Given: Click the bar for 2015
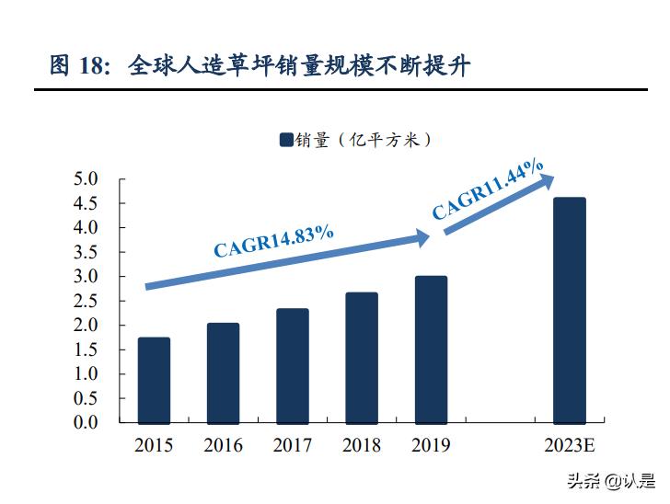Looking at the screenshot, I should pos(154,380).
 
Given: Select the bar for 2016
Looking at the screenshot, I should pos(223,372).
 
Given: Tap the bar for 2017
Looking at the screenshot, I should pos(292,365).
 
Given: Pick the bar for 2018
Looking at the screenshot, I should pos(362,358).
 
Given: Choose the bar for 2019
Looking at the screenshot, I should pos(431,349).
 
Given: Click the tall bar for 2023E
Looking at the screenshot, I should pos(569,310).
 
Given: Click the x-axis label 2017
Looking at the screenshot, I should pos(292,446).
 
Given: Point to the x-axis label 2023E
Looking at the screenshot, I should pos(569,446).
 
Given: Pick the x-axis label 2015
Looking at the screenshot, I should pos(154,446).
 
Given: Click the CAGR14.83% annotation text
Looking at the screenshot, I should pos(273,242).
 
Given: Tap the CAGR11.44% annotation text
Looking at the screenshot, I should pos(488,189).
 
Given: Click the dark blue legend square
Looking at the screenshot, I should pos(285,140).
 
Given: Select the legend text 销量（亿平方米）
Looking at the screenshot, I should pos(364,140).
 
